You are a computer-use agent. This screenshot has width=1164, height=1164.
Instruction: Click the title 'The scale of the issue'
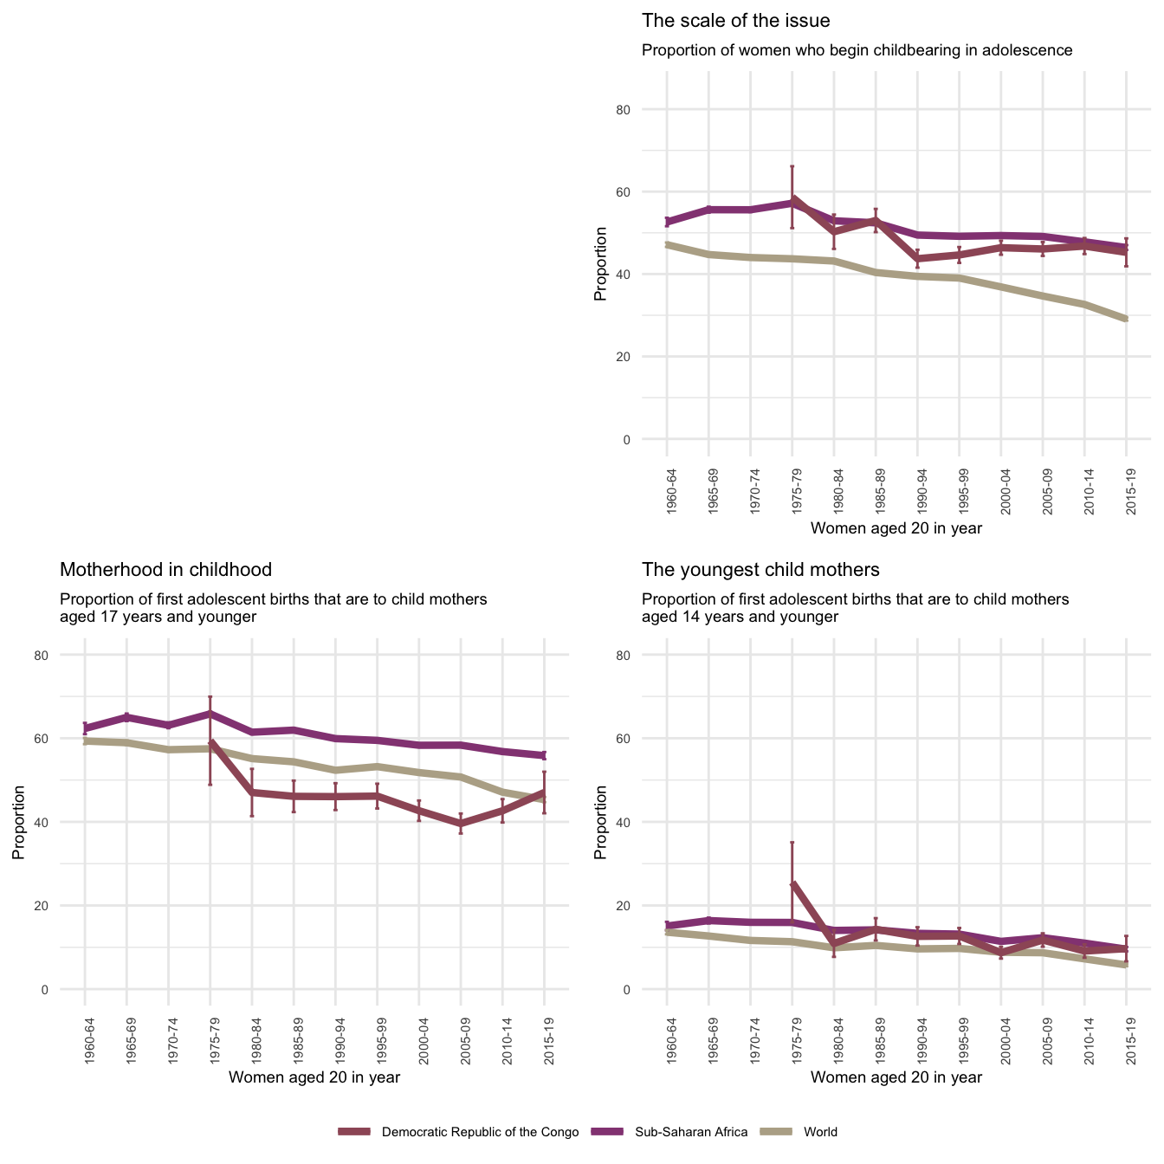(x=735, y=21)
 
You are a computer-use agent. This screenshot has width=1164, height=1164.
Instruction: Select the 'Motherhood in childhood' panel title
(x=165, y=570)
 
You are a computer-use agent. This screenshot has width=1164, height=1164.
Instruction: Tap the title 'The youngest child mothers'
(x=760, y=570)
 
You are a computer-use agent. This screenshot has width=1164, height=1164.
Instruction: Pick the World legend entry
(x=819, y=1132)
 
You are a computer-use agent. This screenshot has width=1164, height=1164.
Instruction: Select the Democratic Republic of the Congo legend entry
(x=479, y=1132)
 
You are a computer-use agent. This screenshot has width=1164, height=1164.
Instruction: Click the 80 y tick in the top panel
(x=647, y=110)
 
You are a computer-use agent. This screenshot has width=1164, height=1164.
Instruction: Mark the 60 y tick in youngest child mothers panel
(x=647, y=739)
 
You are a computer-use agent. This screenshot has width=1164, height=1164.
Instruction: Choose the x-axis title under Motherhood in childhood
(x=314, y=1077)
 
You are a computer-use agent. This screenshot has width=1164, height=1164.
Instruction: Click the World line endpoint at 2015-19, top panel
(x=1125, y=319)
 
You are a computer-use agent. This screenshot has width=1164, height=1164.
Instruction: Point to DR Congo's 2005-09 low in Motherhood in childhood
(x=461, y=824)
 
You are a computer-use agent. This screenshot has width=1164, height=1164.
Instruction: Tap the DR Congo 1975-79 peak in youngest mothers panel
(x=792, y=884)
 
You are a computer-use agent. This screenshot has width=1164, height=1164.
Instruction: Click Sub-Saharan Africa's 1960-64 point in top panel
(x=667, y=223)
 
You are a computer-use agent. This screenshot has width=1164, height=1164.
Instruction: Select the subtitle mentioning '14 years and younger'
(x=855, y=608)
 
